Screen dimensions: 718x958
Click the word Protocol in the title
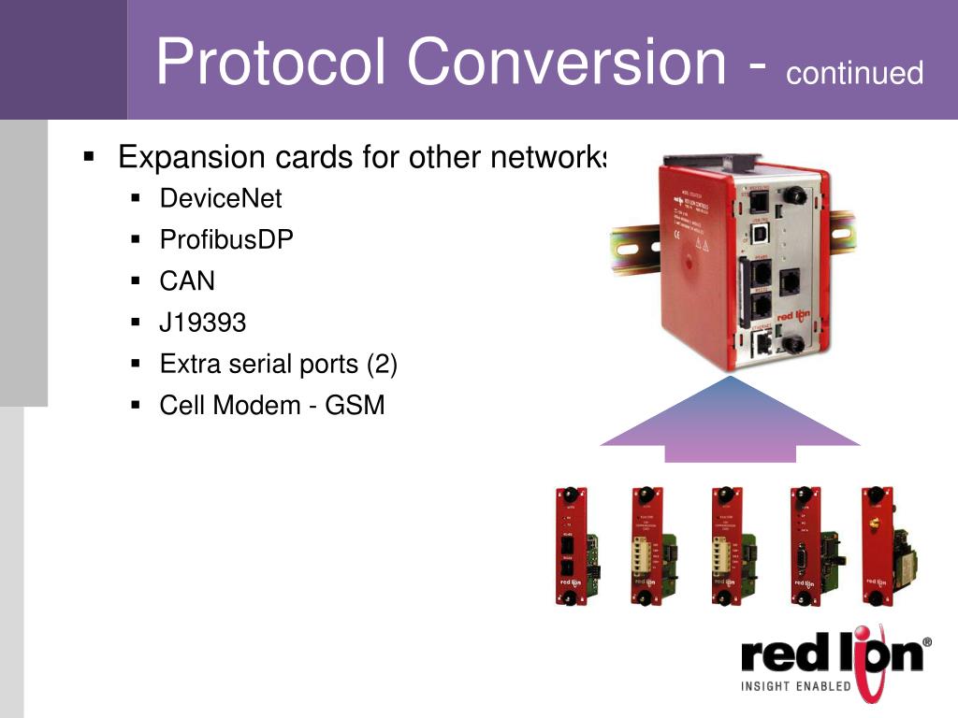pos(272,62)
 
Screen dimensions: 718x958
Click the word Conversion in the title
pos(566,62)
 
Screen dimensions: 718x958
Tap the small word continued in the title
pos(854,72)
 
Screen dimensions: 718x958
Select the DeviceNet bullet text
pos(221,198)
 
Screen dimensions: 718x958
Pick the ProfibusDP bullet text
pos(226,239)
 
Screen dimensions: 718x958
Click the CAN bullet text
pos(187,280)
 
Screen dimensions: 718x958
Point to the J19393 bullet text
pos(203,323)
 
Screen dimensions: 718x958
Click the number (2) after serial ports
pos(382,364)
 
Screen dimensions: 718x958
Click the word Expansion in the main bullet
pos(192,157)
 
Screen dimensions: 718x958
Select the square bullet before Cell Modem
pos(136,405)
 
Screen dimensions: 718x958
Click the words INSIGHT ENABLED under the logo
pos(796,686)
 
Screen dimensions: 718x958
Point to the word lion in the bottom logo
pos(875,654)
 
